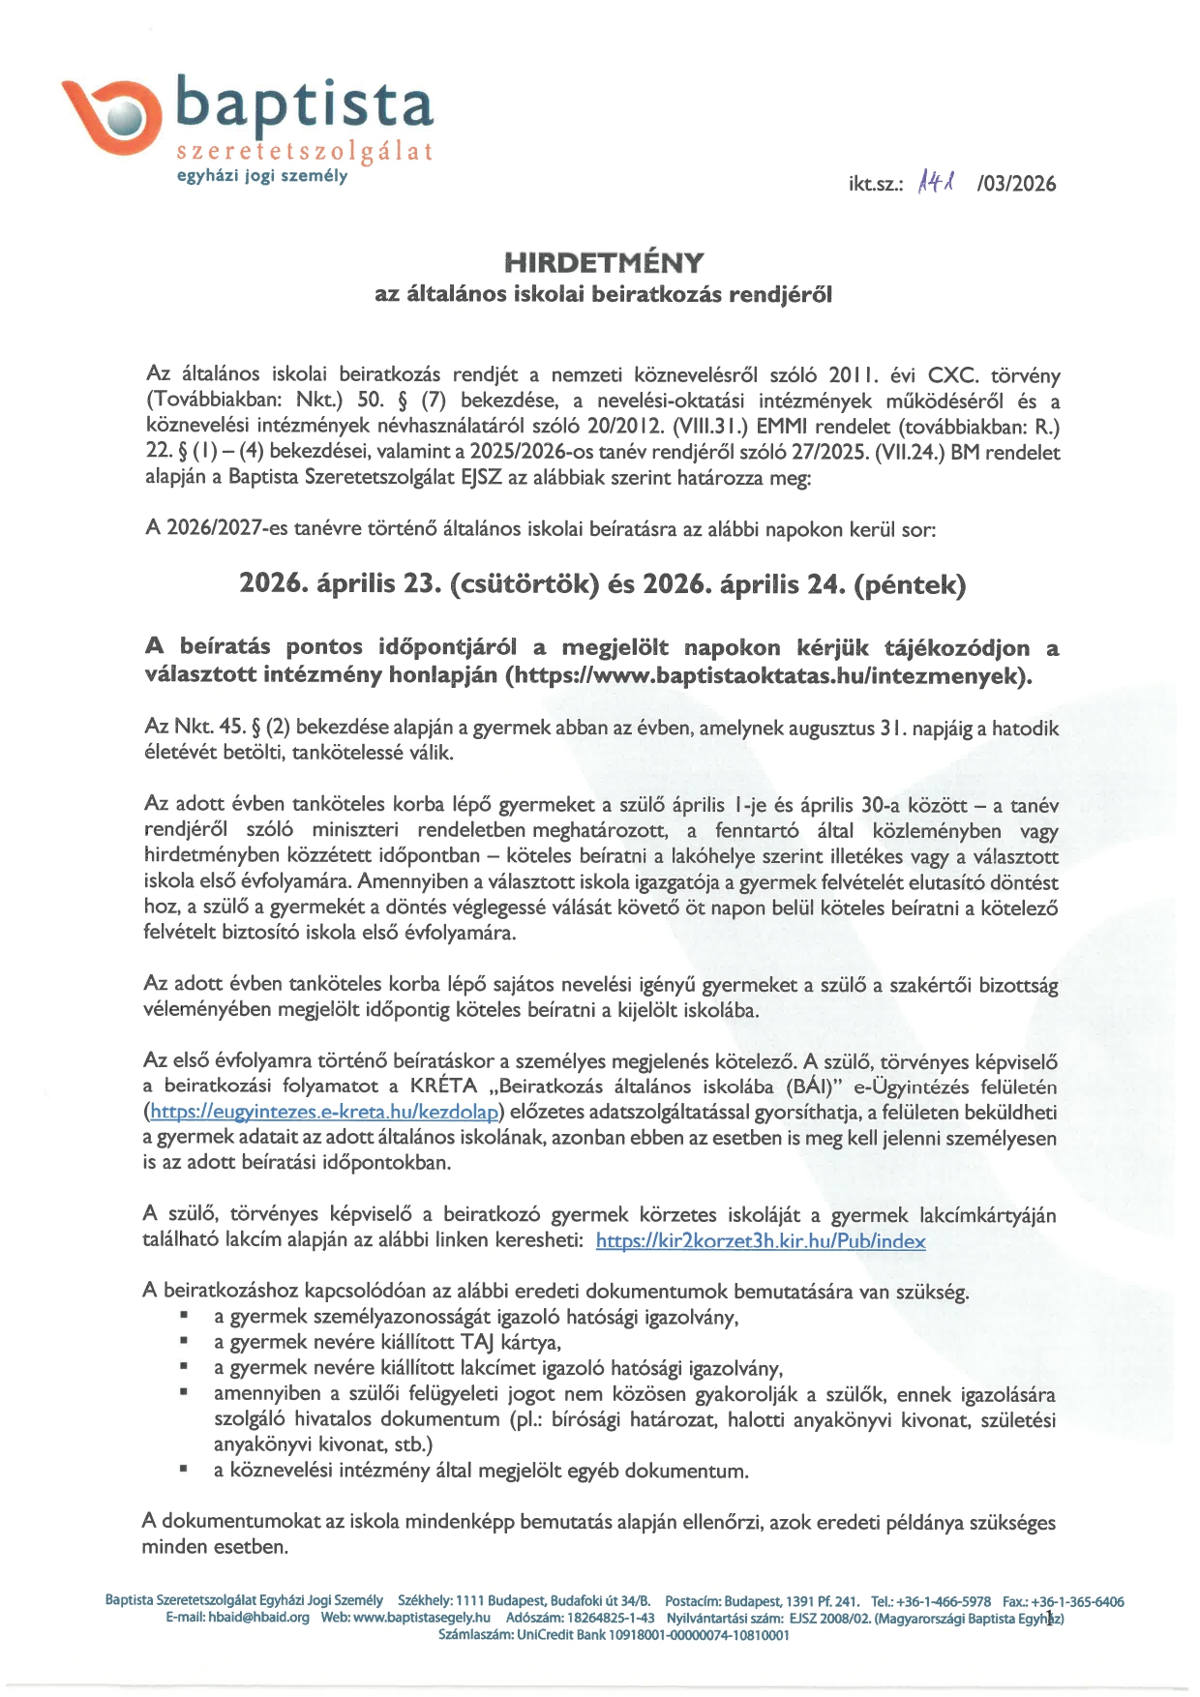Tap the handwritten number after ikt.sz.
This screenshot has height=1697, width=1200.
tap(936, 180)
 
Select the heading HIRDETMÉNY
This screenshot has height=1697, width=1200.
tap(603, 262)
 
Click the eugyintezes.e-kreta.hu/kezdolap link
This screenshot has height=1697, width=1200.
tap(323, 1112)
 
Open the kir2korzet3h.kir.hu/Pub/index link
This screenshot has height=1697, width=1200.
tap(760, 1240)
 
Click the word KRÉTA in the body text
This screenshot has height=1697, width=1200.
tap(443, 1086)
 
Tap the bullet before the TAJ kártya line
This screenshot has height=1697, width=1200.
tap(183, 1341)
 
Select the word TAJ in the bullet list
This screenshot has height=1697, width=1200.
tap(478, 1342)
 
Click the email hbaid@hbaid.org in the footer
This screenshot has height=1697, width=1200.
tap(258, 1618)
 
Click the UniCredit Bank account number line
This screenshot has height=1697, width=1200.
tap(614, 1635)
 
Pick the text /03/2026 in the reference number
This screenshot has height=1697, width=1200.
tap(1016, 184)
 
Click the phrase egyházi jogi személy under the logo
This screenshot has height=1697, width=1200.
tap(261, 176)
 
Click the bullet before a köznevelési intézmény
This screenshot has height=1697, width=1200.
tap(183, 1470)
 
